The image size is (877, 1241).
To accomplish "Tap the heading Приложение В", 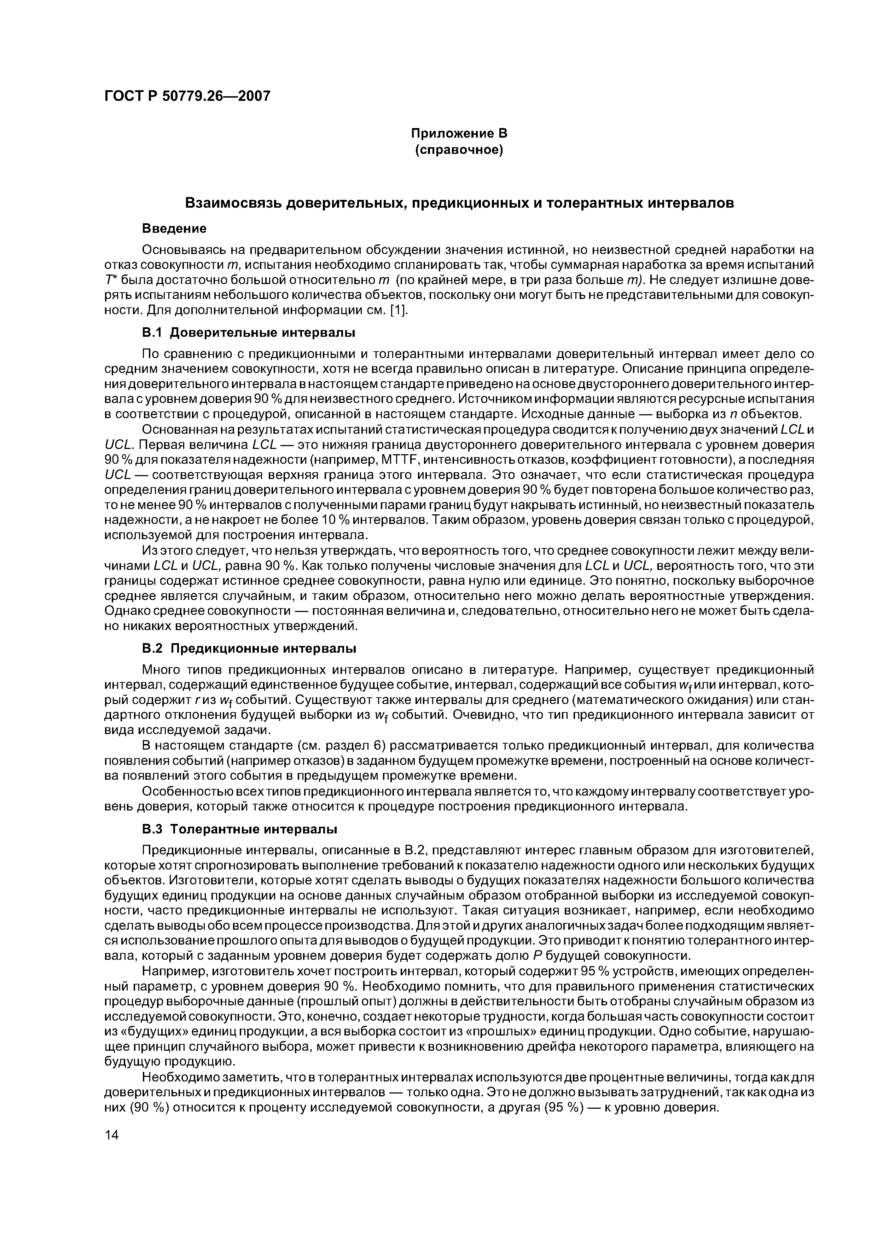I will click(x=459, y=133).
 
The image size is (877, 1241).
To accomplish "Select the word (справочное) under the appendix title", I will click(x=459, y=150).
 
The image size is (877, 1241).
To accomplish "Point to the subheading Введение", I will click(x=174, y=229).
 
